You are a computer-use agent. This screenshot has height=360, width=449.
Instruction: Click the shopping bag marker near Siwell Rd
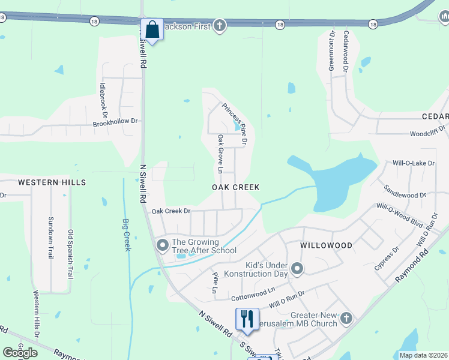point(152,29)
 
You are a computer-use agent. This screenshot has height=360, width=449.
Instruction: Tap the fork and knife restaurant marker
point(247,319)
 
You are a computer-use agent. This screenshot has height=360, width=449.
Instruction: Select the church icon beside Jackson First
point(220,25)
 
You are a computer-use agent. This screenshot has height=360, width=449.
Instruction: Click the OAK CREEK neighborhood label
point(236,187)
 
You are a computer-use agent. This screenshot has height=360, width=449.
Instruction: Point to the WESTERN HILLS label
point(52,182)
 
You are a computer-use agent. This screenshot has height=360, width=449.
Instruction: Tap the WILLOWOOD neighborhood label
point(327,245)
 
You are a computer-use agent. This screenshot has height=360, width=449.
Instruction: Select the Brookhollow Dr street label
point(115,121)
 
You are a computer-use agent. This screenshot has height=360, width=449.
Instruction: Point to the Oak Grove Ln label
point(220,154)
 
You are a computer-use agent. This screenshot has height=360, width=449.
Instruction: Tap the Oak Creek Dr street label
point(171,211)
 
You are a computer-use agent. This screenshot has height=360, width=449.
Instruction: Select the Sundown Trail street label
point(51,238)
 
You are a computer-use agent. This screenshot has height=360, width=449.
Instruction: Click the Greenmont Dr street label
point(331,51)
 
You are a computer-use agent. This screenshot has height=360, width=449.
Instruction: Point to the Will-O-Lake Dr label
point(414,163)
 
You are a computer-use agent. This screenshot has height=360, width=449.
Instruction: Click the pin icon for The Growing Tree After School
point(162,245)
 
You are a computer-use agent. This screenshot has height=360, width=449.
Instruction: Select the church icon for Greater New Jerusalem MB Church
point(346,318)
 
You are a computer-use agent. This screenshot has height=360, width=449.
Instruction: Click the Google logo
point(20,353)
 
